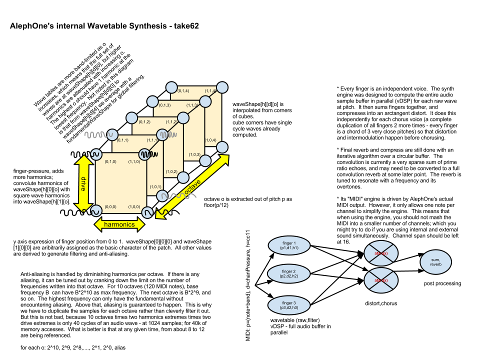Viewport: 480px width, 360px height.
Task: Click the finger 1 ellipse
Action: [x=289, y=245]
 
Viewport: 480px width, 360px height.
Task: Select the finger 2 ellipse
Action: [x=288, y=273]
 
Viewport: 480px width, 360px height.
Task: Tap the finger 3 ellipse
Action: [x=288, y=305]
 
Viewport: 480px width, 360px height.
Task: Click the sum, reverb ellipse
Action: [x=435, y=262]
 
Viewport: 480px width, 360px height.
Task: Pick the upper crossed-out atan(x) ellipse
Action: [x=381, y=253]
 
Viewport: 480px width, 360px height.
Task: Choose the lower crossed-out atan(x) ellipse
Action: [x=381, y=280]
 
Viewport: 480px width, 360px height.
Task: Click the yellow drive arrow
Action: [x=83, y=183]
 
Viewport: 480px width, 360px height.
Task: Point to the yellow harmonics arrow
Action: [x=119, y=224]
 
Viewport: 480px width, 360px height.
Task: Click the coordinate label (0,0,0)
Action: [x=110, y=206]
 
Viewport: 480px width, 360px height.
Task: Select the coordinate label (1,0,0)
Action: [x=134, y=206]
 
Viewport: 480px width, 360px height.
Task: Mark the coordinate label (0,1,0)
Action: [x=110, y=161]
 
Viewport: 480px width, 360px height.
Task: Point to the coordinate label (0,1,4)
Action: [x=183, y=90]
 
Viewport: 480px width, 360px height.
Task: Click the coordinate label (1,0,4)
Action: [x=210, y=140]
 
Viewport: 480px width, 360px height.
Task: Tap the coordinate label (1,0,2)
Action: [x=171, y=171]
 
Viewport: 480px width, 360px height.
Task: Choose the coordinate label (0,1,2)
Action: [x=144, y=122]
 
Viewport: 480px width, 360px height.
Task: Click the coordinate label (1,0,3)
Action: [x=194, y=154]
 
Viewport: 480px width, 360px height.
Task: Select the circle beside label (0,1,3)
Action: [x=153, y=101]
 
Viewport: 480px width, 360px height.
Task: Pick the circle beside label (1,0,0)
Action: [x=147, y=212]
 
